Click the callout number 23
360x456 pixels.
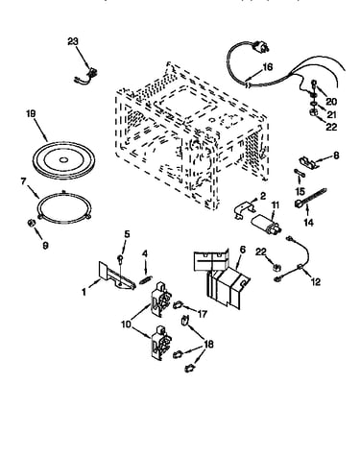(x=73, y=41)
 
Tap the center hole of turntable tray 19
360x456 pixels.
(x=63, y=159)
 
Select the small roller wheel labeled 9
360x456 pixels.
(x=31, y=223)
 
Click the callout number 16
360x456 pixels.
(x=268, y=67)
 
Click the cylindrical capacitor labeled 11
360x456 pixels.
(x=267, y=223)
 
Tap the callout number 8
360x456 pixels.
(x=336, y=156)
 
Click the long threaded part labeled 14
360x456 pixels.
(x=310, y=198)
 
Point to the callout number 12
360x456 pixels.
(x=316, y=281)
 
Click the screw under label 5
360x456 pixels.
(x=120, y=259)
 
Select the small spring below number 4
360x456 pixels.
(x=146, y=279)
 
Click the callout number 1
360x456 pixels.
(x=84, y=292)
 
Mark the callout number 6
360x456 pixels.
(x=243, y=250)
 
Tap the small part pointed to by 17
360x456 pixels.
(x=178, y=305)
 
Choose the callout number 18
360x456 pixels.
(x=208, y=345)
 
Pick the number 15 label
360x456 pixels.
(x=300, y=191)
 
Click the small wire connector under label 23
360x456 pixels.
(x=86, y=77)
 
